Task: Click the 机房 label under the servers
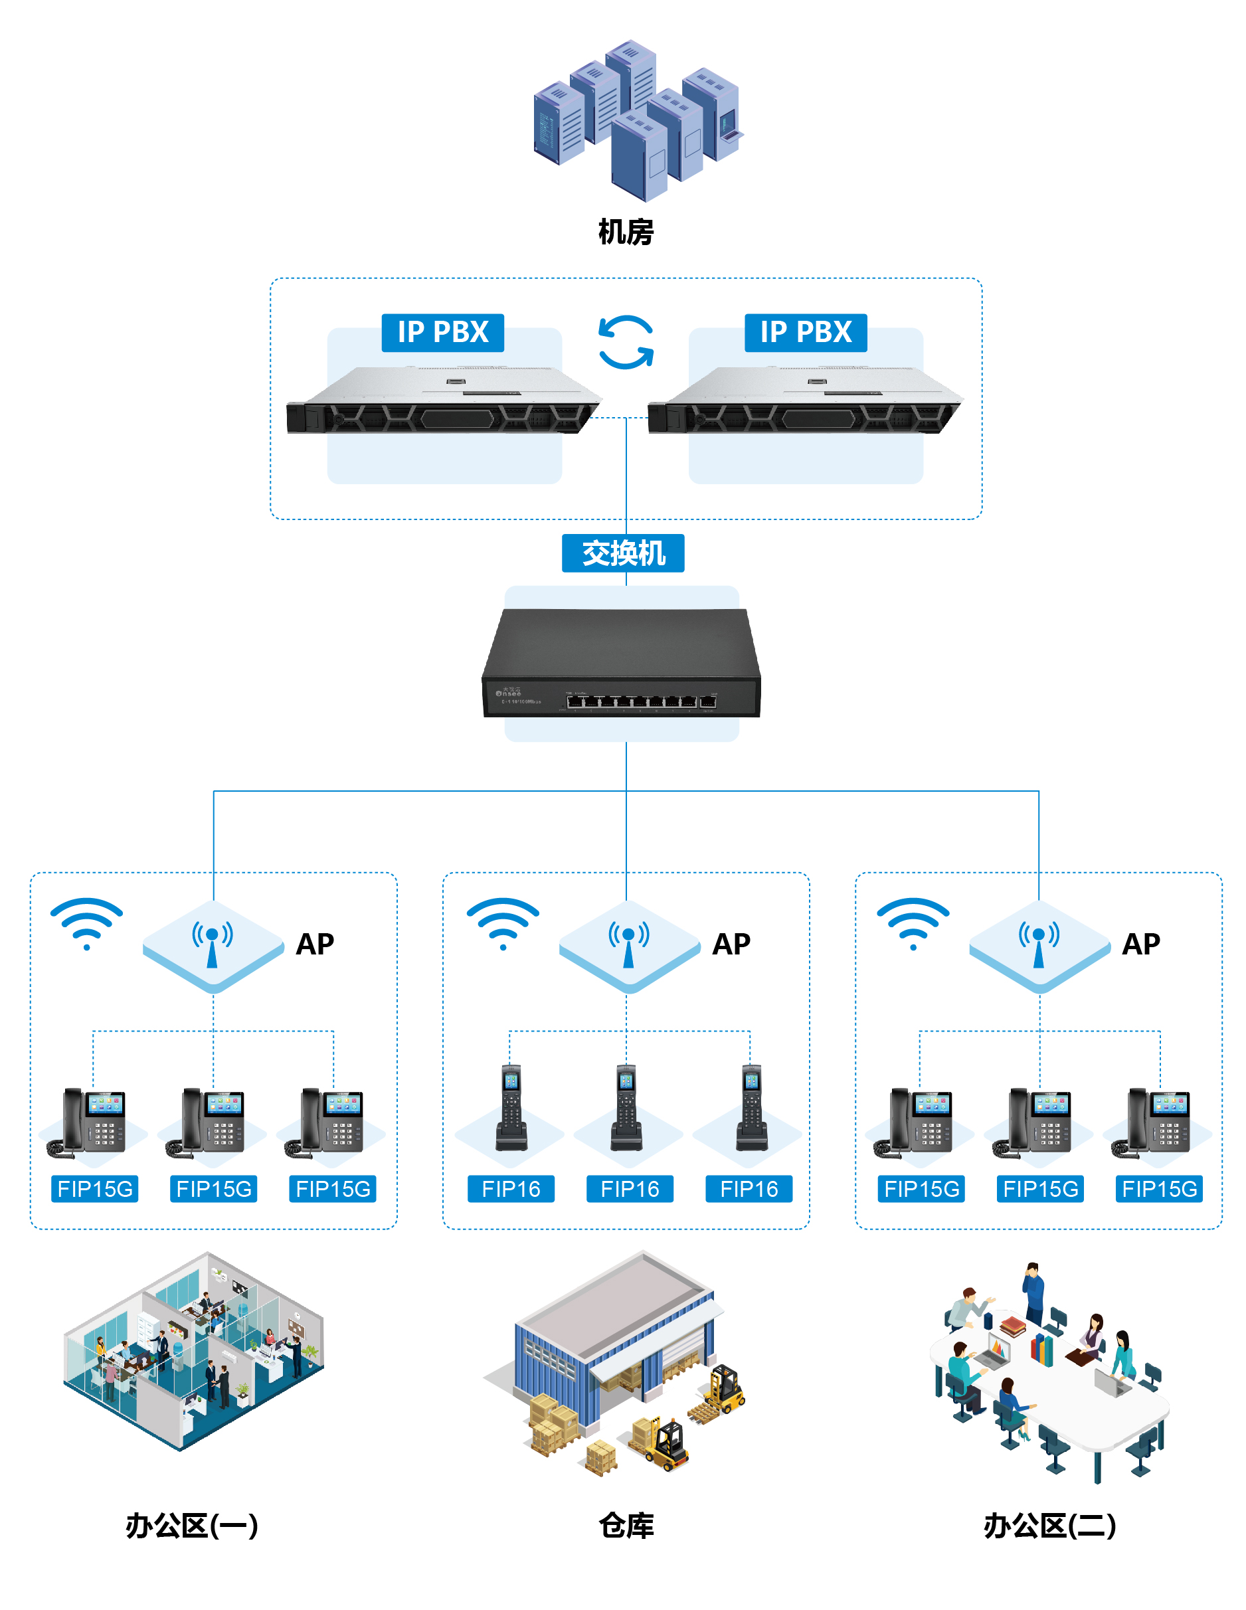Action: coord(625,232)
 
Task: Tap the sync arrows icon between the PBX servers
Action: coord(625,342)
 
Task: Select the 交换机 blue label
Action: coord(623,553)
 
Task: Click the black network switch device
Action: coord(622,664)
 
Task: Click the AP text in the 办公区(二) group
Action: coord(1140,944)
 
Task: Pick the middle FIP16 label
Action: coord(630,1188)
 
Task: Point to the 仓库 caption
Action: coord(626,1525)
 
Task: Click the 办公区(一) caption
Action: coord(192,1525)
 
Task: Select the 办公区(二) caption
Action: coord(1049,1525)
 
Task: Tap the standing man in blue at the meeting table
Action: coord(1033,1294)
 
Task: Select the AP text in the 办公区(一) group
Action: coord(315,944)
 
